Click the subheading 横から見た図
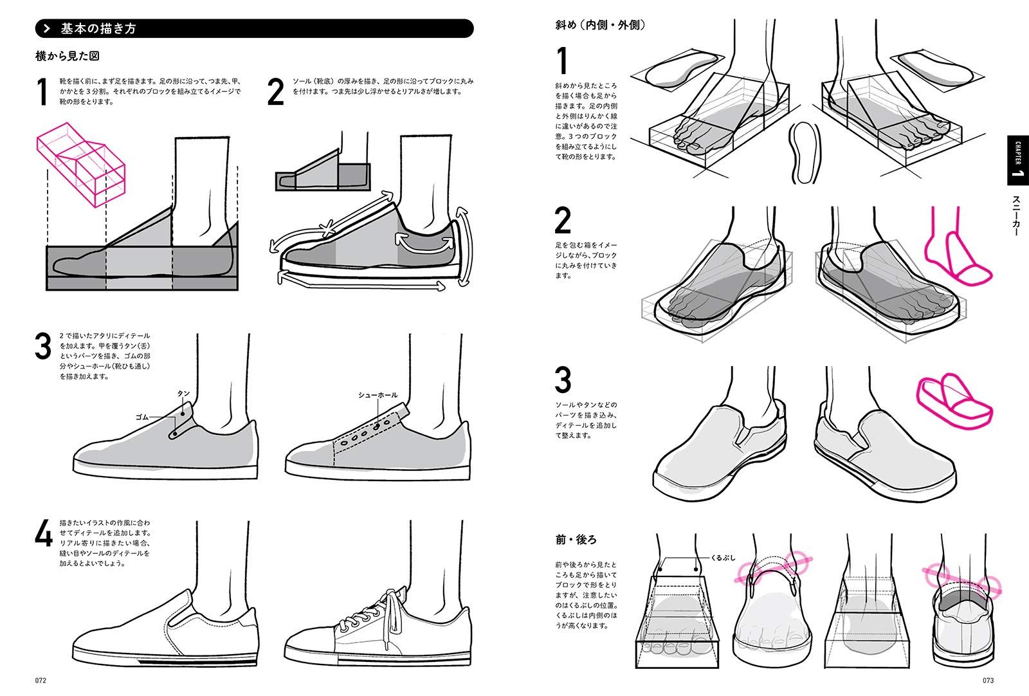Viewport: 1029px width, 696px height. click(x=67, y=56)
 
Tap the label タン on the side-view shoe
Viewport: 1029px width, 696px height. click(x=183, y=393)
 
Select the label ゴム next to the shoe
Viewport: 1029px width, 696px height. click(x=141, y=417)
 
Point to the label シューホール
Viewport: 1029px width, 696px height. click(x=378, y=395)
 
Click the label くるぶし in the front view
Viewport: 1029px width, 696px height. click(x=723, y=558)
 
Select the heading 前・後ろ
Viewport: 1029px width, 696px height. click(x=576, y=539)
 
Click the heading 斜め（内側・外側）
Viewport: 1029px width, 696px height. click(x=600, y=26)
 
